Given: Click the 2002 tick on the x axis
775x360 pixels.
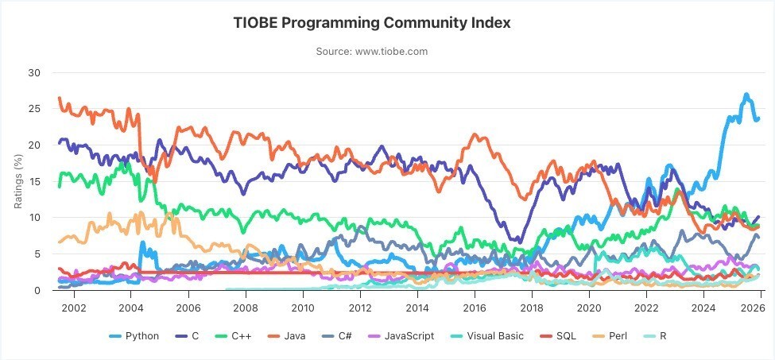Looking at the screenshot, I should [73, 307].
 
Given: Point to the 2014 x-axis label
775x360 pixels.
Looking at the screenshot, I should [417, 307].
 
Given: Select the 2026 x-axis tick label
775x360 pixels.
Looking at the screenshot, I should [760, 307].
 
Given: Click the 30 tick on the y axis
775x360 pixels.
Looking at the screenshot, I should [33, 72].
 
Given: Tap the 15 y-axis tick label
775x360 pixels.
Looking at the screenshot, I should [33, 181].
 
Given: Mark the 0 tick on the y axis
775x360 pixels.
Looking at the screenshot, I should [37, 290].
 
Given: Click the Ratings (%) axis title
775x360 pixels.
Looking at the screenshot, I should [18, 181].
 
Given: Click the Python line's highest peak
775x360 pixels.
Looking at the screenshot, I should [746, 95].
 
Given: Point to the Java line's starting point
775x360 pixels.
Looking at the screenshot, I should [60, 98].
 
